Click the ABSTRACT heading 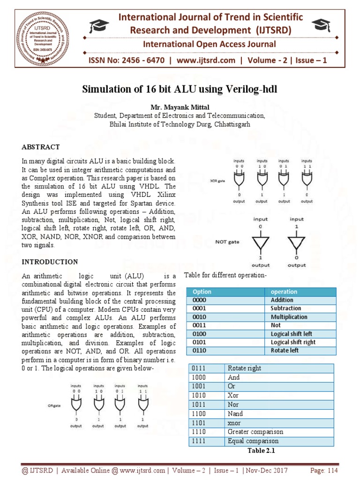(x=41, y=147)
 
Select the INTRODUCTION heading (x=50, y=262)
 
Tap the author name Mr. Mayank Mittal (x=180, y=107)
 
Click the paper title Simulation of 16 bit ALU (x=180, y=89)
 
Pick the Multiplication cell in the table (x=289, y=317)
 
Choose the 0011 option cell (x=199, y=325)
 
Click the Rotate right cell (x=244, y=368)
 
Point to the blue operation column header (x=284, y=292)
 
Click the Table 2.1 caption (x=260, y=450)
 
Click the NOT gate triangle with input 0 (x=261, y=242)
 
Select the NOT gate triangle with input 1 (x=296, y=242)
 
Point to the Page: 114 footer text (x=324, y=471)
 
